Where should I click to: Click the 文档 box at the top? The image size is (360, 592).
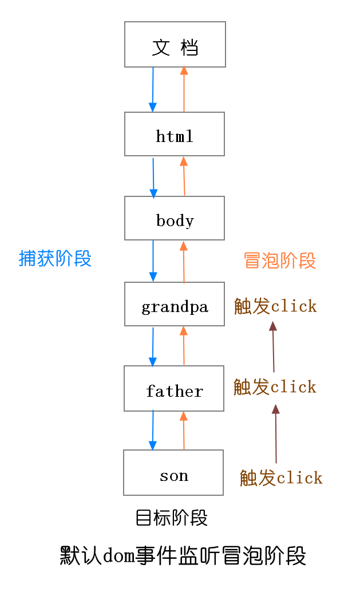tap(175, 45)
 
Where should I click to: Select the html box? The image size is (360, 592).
tap(175, 134)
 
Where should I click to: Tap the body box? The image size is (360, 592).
tap(175, 218)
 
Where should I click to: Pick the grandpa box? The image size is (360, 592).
tap(175, 304)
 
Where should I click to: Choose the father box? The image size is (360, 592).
tap(174, 389)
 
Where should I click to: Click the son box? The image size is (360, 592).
tap(173, 473)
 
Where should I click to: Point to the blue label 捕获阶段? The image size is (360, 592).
tap(55, 258)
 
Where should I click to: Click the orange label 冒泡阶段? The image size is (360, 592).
tap(279, 261)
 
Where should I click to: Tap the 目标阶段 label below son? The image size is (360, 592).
tap(172, 518)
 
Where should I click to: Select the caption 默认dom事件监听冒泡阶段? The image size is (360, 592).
tap(183, 555)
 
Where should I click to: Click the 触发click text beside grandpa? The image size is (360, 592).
tap(275, 306)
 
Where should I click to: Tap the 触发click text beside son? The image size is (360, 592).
tap(281, 477)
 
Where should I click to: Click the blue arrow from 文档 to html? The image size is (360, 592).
tap(153, 89)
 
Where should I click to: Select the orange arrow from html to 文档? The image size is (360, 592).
tap(184, 89)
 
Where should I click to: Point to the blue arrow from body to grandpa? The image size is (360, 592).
tap(153, 261)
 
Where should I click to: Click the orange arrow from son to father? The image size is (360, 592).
tap(184, 431)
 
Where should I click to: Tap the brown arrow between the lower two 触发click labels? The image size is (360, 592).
tap(276, 433)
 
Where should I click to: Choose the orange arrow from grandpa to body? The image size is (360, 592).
tap(184, 262)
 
